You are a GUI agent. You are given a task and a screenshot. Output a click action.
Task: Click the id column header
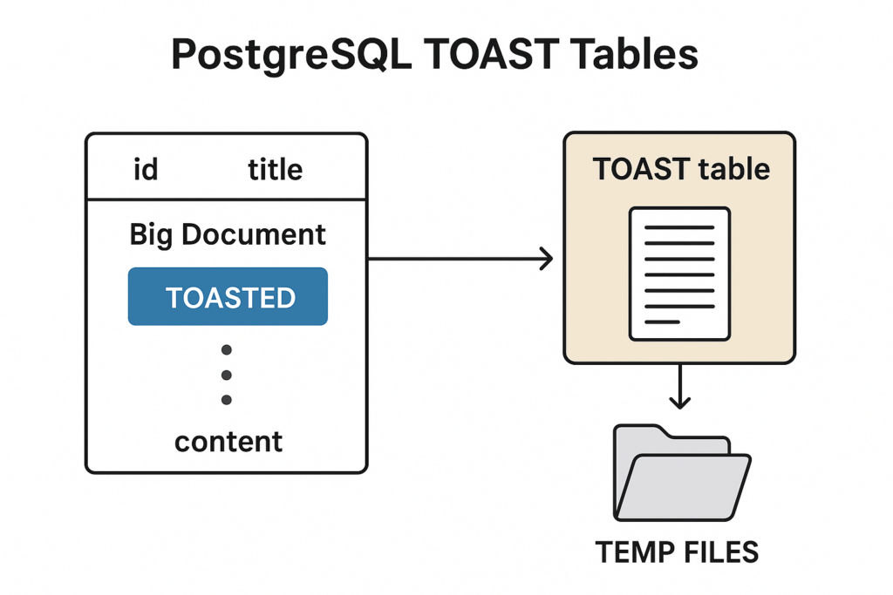(146, 169)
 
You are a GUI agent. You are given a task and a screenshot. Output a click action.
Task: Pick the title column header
(275, 169)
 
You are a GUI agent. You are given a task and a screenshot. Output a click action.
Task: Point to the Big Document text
(228, 234)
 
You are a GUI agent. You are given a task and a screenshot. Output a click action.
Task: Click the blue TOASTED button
(228, 297)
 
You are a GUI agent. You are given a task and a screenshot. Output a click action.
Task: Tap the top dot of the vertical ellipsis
(227, 350)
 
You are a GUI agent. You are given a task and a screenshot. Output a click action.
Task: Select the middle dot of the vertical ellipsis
(227, 375)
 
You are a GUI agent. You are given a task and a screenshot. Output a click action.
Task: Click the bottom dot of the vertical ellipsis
(227, 400)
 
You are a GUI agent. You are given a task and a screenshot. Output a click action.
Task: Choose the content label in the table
(228, 442)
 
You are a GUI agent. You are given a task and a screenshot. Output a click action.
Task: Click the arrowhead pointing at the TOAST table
(547, 259)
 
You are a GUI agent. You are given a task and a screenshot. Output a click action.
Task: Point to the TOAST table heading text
(681, 168)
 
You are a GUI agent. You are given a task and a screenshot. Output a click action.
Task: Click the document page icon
(679, 274)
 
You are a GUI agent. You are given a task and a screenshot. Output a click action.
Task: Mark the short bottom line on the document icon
(662, 321)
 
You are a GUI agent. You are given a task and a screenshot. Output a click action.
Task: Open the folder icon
(681, 480)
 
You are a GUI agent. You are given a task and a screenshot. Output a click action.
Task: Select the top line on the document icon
(679, 227)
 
